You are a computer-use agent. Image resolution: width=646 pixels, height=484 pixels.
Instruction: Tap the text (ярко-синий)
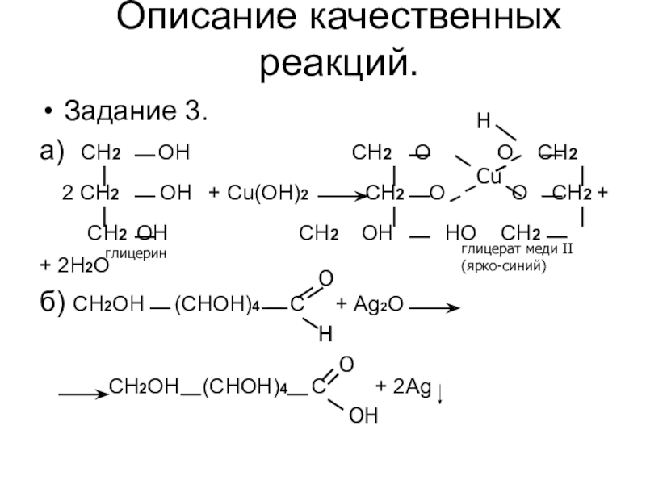click(504, 264)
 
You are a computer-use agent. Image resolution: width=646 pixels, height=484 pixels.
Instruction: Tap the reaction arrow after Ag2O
click(440, 307)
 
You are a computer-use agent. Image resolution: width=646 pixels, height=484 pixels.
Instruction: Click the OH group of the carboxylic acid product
click(363, 415)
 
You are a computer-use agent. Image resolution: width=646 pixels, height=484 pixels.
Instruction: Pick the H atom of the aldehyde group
click(325, 332)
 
